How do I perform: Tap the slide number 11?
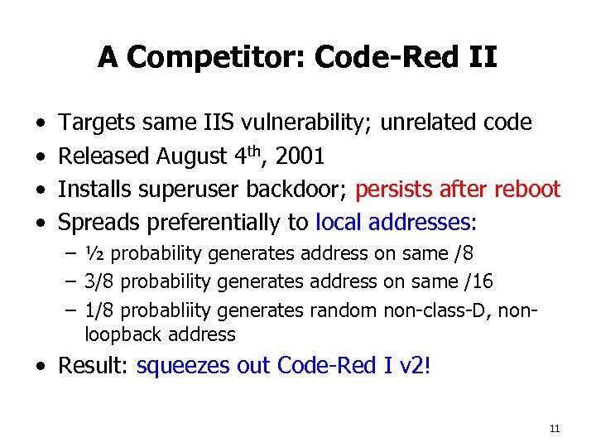tap(555, 428)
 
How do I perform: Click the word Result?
tap(92, 366)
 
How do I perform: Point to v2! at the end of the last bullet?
tap(412, 366)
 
